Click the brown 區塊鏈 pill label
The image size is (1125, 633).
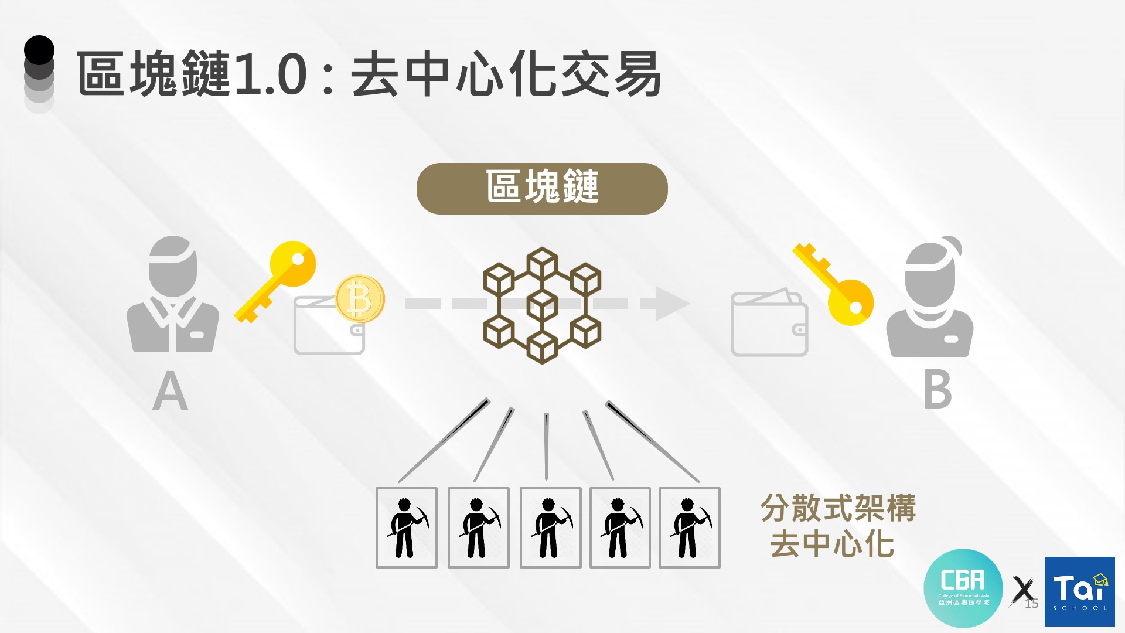(x=542, y=189)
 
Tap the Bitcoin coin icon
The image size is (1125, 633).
(x=360, y=299)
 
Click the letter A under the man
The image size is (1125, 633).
(x=170, y=392)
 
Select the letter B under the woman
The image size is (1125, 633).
(x=937, y=390)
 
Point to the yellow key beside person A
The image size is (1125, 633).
(x=276, y=280)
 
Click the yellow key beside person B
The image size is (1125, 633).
(x=835, y=284)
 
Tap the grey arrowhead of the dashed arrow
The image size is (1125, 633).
(x=671, y=303)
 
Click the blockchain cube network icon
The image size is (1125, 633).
(x=542, y=305)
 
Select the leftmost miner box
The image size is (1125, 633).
(x=407, y=527)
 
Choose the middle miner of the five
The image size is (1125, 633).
(x=550, y=527)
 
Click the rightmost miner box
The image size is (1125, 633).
(x=689, y=527)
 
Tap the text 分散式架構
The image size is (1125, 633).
(x=838, y=508)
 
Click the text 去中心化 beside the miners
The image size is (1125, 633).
(x=832, y=544)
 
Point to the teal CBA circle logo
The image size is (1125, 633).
(x=963, y=588)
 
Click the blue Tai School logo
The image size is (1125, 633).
(x=1079, y=591)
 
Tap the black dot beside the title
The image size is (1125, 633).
(x=39, y=50)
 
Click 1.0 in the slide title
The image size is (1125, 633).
(x=270, y=74)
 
